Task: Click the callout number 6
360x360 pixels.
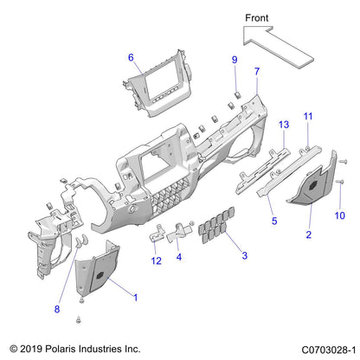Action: pos(131,58)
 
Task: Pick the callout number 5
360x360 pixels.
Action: pos(274,221)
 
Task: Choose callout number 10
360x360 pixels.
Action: pos(339,215)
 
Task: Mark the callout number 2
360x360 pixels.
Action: pos(307,235)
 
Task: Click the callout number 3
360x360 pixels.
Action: pos(244,256)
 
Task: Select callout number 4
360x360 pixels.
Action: pos(178,256)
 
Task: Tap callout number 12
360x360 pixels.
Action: pos(156,260)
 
